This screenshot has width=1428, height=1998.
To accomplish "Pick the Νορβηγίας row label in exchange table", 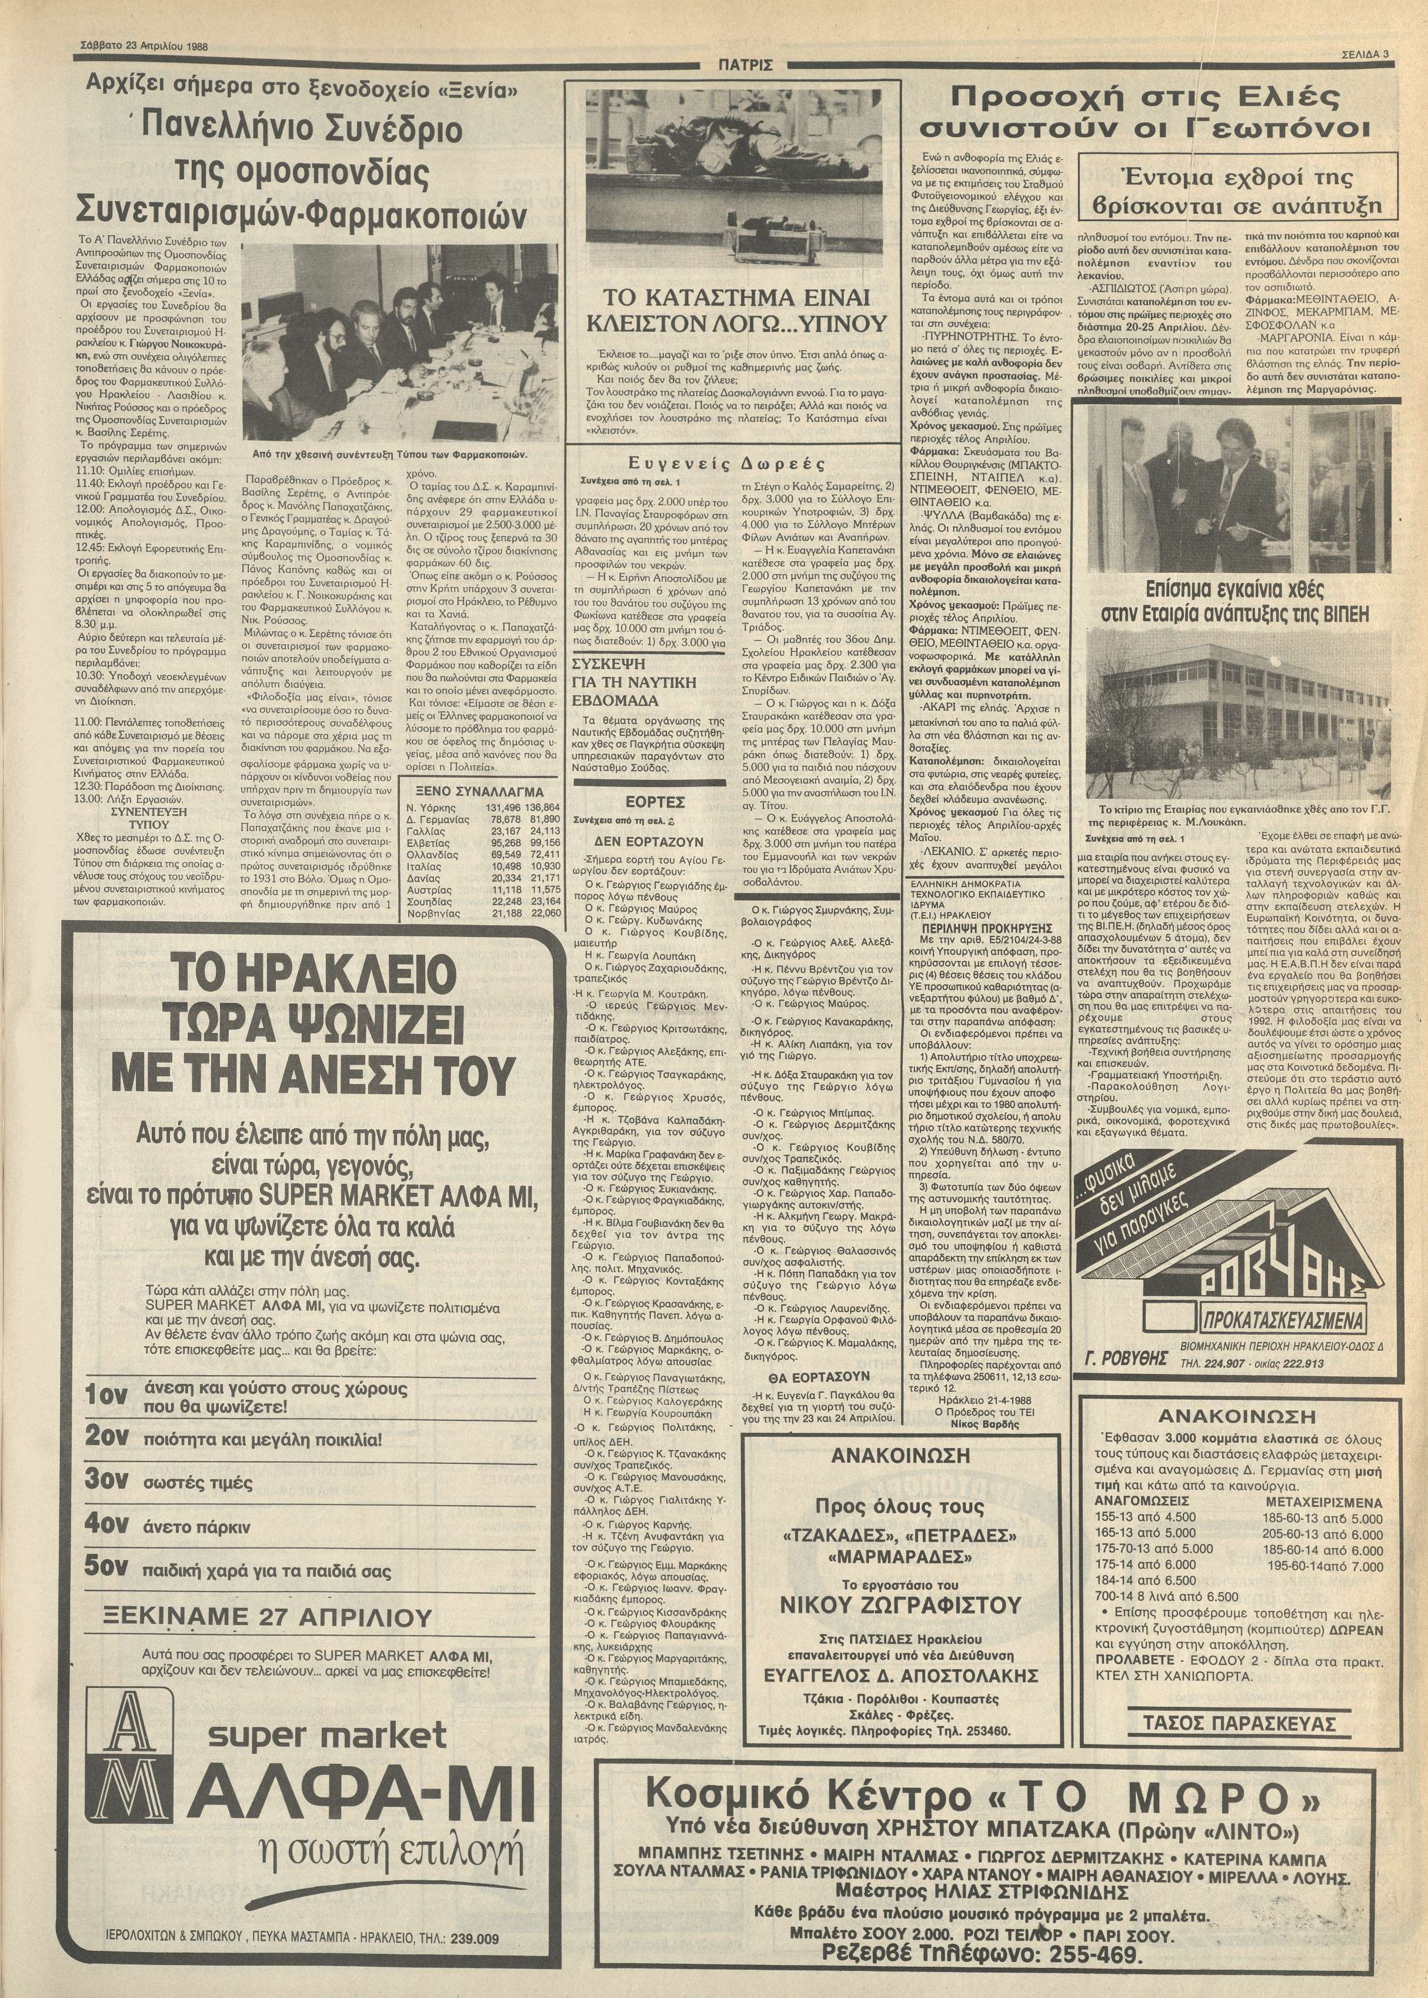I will [x=432, y=913].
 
